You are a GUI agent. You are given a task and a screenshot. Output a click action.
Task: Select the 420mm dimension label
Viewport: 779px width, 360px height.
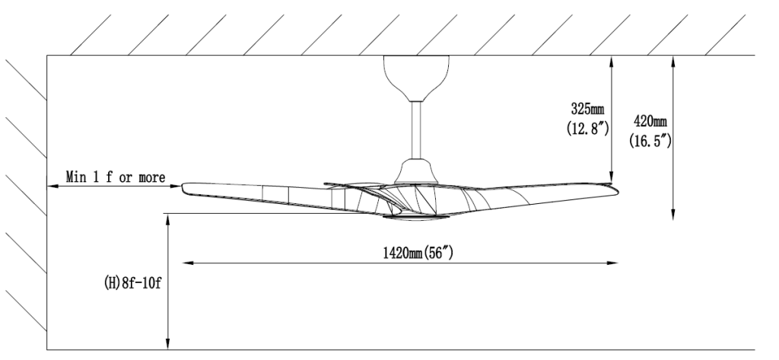(649, 121)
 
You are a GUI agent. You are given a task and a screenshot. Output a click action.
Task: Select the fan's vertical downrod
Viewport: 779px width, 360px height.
(415, 129)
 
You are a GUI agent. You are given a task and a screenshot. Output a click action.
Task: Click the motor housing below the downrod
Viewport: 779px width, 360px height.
(415, 170)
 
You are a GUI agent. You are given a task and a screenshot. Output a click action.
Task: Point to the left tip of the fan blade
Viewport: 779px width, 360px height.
(185, 186)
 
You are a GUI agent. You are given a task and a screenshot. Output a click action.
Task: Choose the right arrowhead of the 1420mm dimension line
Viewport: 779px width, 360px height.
(613, 265)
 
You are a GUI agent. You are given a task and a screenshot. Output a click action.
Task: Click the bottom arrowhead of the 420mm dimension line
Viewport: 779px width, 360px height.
(672, 215)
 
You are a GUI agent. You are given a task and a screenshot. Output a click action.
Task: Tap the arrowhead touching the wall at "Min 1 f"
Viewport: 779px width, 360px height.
(52, 186)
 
